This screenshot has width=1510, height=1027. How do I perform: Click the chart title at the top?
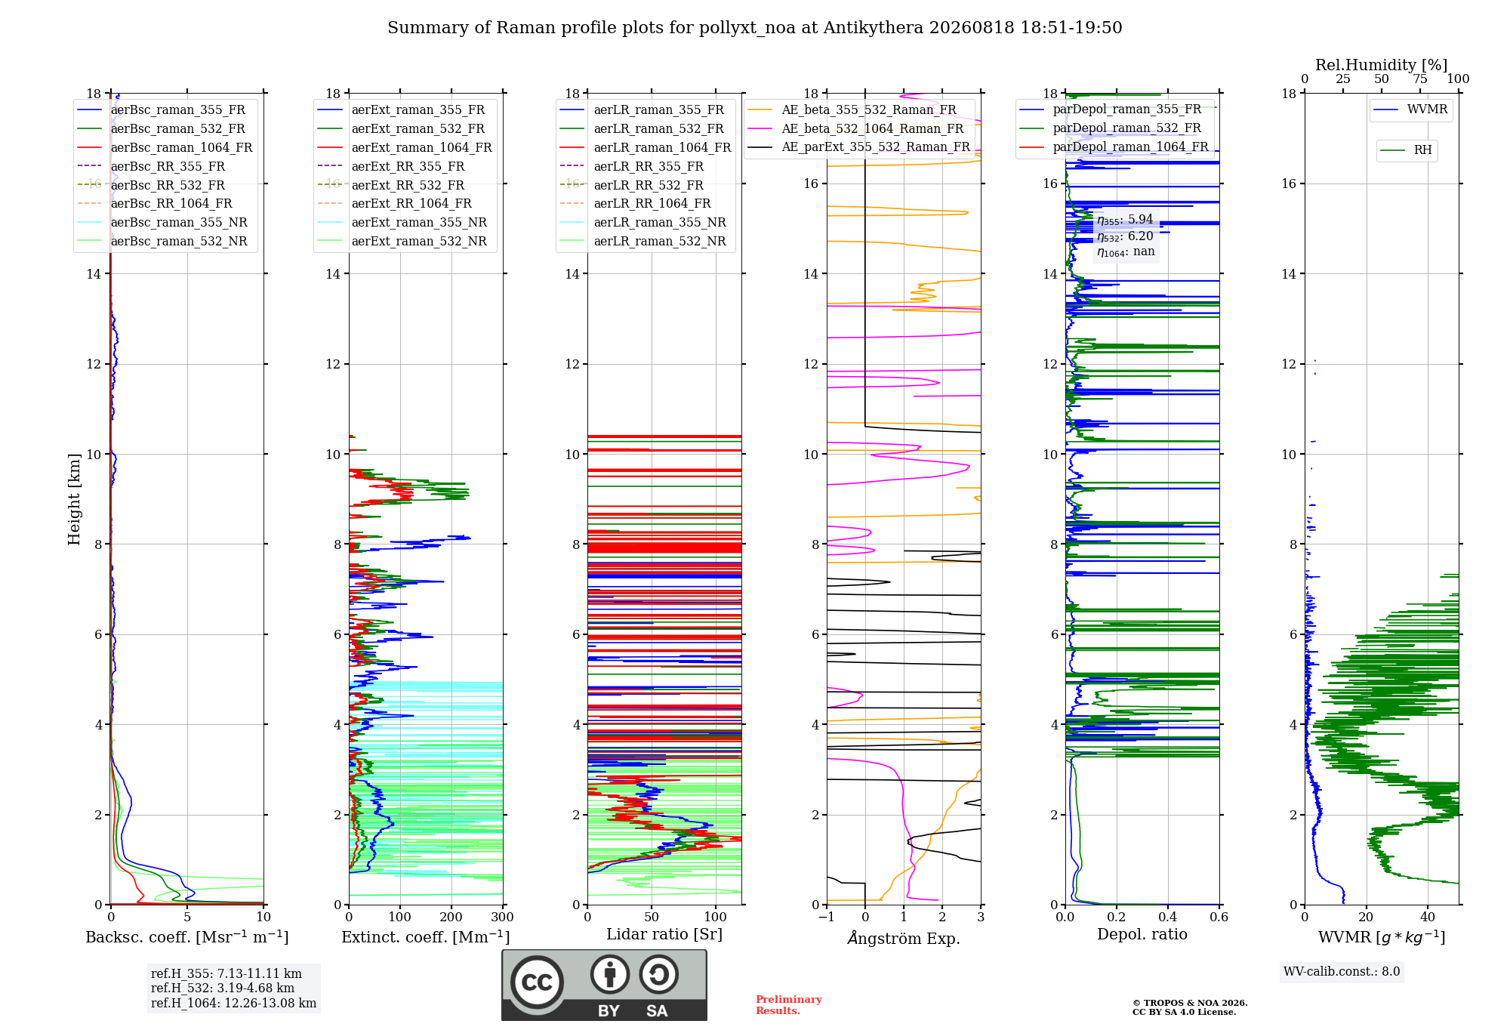point(755,28)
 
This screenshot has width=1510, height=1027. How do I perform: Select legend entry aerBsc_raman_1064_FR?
point(181,147)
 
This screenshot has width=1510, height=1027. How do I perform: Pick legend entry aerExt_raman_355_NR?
point(419,222)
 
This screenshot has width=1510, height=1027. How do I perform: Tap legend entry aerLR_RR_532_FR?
point(649,185)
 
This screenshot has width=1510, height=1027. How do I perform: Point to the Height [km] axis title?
point(74,499)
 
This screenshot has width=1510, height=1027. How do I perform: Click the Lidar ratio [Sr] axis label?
point(664,934)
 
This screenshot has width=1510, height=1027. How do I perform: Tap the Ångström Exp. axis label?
point(904,938)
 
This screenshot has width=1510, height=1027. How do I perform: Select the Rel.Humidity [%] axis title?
point(1382,65)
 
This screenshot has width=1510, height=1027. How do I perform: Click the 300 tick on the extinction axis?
point(502,917)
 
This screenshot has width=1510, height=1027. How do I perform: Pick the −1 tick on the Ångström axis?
point(827,917)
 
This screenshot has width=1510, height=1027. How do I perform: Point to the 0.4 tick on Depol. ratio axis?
point(1168,917)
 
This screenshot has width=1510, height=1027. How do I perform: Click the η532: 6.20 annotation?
point(1126,236)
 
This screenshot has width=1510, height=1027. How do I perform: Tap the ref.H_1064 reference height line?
point(233,1004)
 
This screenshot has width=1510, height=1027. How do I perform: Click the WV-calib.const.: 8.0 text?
point(1342,972)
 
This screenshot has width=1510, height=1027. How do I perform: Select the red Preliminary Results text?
point(789,1005)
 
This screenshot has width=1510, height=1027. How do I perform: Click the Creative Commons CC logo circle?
point(537,982)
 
